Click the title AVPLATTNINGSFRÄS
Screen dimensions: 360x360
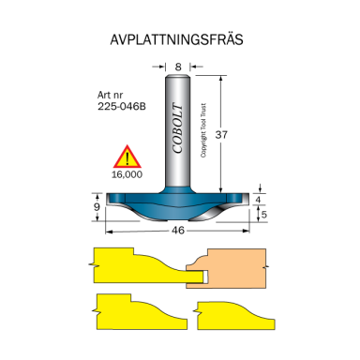click(x=179, y=42)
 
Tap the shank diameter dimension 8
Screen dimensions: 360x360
click(x=177, y=67)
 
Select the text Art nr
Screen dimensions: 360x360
click(x=110, y=95)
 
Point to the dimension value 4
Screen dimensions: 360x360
click(x=261, y=200)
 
